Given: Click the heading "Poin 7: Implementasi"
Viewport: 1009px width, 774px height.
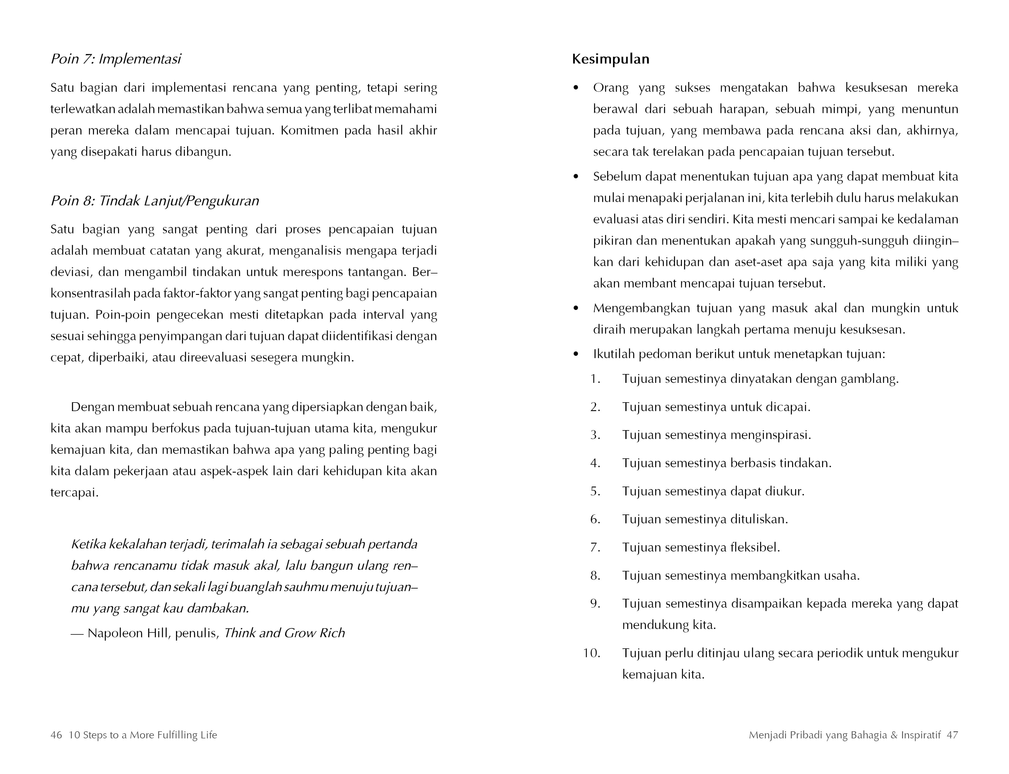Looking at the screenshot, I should coord(116,59).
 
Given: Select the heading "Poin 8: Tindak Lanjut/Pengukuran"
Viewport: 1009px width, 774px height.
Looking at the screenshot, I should coord(155,201).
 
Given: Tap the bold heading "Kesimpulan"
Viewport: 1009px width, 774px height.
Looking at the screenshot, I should coord(610,59).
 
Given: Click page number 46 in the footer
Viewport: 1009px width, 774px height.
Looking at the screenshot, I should coord(56,735).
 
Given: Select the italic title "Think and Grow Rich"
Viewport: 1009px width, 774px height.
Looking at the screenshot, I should coord(284,633).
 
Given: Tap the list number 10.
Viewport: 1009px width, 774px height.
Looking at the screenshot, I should coord(591,653).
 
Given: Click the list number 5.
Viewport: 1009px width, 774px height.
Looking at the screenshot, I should coord(595,491).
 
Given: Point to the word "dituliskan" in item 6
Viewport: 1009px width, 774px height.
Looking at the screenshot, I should coord(759,519).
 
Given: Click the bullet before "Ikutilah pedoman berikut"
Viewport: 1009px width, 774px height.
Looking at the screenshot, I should coord(576,354).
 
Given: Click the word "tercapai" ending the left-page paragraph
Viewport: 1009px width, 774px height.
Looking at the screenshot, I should coord(74,493).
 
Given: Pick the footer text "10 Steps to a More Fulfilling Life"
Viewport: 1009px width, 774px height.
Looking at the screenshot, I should coord(143,735).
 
